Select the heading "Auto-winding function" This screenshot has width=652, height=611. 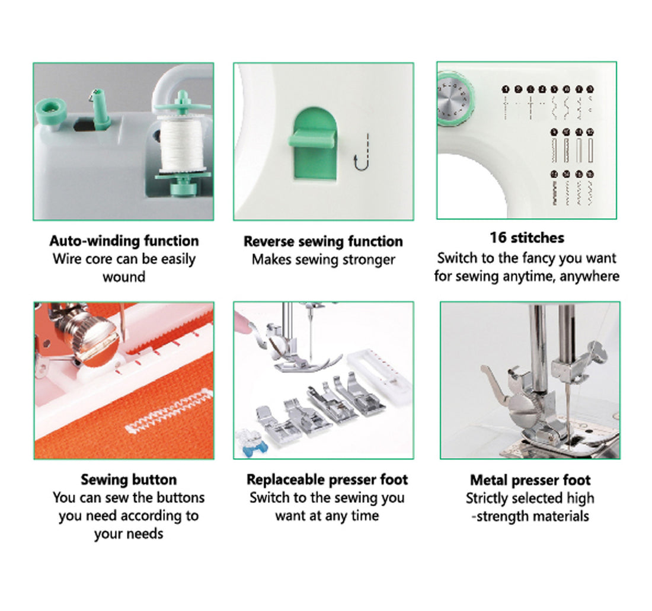pos(124,241)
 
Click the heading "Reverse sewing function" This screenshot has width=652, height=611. pos(323,242)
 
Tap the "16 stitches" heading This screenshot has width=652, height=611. pos(526,238)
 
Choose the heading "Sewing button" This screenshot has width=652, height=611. pos(129,479)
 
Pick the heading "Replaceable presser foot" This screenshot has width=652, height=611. pos(327,479)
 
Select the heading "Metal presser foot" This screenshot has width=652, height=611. pos(530,480)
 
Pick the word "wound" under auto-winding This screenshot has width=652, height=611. pos(124,277)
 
